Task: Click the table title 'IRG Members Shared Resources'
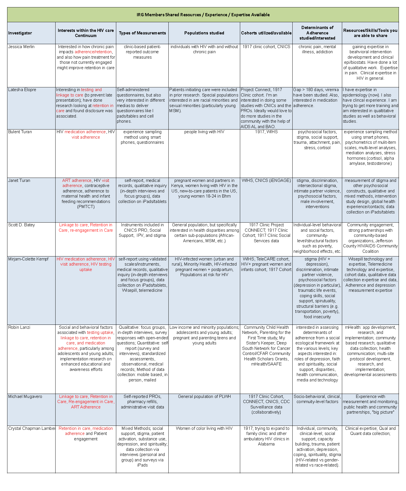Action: (x=203, y=15)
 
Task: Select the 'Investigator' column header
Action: (x=20, y=33)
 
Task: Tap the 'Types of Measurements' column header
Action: (x=142, y=33)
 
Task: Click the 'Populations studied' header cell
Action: (x=204, y=33)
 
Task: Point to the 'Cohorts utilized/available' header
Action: (x=266, y=33)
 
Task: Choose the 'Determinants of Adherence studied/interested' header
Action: (x=317, y=33)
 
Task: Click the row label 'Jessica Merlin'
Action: (x=21, y=47)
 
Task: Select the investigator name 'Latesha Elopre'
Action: (x=22, y=90)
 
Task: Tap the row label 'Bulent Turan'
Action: (x=20, y=132)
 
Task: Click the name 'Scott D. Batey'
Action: (x=21, y=225)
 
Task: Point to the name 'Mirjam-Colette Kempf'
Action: (x=28, y=259)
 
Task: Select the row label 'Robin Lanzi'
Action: (x=19, y=327)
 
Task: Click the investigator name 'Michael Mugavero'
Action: (x=25, y=397)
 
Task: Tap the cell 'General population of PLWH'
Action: (x=204, y=397)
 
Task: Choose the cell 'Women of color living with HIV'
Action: (x=204, y=428)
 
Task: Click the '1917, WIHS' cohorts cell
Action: (x=266, y=132)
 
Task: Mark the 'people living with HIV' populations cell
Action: (x=204, y=132)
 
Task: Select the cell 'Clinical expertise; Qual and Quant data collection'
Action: (x=370, y=431)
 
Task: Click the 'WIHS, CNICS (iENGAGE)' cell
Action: (x=266, y=180)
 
